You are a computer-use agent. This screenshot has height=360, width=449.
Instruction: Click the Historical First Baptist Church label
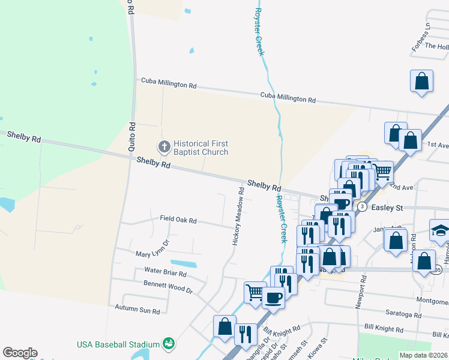(x=200, y=148)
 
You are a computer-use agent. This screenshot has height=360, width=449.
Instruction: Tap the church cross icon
(x=163, y=146)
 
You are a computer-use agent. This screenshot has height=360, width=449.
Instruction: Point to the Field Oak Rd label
(x=178, y=220)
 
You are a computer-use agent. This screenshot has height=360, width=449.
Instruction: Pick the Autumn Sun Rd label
(x=137, y=311)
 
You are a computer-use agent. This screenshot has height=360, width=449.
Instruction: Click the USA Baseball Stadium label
(x=118, y=344)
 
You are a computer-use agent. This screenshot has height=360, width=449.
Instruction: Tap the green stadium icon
(x=169, y=344)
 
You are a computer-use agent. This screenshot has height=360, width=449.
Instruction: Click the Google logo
(x=20, y=353)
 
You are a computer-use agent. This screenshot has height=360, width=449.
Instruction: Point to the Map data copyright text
(x=424, y=355)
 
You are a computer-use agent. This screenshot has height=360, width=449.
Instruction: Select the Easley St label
(x=390, y=207)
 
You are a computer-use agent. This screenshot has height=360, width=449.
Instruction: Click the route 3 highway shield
(x=362, y=206)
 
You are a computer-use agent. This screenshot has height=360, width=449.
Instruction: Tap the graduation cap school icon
(x=439, y=230)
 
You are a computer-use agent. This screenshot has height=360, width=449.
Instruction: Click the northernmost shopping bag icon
(x=422, y=80)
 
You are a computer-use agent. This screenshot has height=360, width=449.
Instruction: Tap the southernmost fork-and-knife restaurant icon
(x=245, y=333)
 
